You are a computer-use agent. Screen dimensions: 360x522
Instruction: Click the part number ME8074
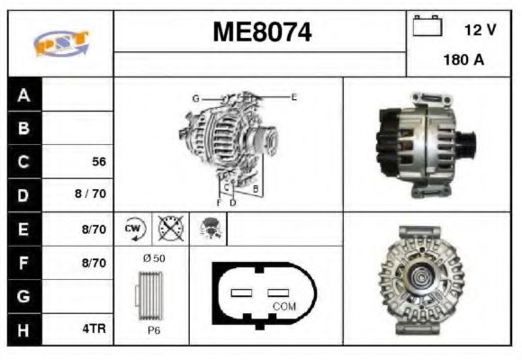[x=262, y=33]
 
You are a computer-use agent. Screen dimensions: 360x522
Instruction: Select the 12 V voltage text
[x=480, y=30]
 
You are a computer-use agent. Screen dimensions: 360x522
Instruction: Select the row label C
[x=24, y=162]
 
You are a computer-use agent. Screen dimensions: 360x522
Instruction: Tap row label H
[x=24, y=329]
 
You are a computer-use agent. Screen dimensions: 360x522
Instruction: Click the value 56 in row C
[x=99, y=162]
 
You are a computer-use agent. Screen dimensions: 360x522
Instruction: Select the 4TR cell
[x=94, y=329]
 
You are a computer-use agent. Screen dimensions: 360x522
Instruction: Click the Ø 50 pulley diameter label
[x=154, y=259]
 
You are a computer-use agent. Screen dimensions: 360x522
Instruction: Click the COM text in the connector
[x=283, y=306]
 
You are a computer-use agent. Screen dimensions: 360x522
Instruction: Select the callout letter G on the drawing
[x=194, y=97]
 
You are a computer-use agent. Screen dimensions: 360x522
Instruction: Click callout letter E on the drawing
[x=293, y=96]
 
